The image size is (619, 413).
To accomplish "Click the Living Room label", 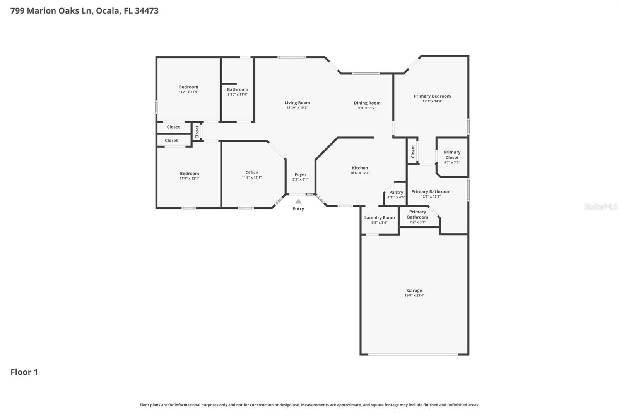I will [x=297, y=103].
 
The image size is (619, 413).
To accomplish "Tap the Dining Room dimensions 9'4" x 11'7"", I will [x=367, y=108].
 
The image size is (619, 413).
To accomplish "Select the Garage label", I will [x=414, y=291].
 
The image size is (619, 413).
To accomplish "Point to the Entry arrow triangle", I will [x=298, y=201].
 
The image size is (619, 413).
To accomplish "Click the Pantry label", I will [x=396, y=192].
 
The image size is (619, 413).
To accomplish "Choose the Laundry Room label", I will [x=380, y=218].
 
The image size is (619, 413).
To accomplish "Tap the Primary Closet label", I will [x=452, y=155].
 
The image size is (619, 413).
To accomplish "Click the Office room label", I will [x=251, y=172].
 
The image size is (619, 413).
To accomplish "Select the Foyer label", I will [x=300, y=174].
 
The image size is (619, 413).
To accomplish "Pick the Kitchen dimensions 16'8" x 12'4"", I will [x=360, y=173].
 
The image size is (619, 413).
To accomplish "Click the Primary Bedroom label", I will [x=432, y=96].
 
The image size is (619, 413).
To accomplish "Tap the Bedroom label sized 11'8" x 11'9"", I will [x=188, y=87].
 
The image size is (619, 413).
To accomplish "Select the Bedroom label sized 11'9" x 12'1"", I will [x=189, y=174].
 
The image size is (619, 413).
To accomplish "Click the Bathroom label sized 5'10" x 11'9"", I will [x=238, y=89].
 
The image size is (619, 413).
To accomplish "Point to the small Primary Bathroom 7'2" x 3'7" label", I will [x=417, y=214].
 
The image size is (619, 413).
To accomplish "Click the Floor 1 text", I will [x=24, y=372].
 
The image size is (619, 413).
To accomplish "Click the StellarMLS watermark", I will [x=600, y=206].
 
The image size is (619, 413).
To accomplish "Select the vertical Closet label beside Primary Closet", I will [x=413, y=151].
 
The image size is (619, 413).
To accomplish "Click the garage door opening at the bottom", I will [x=413, y=354].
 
